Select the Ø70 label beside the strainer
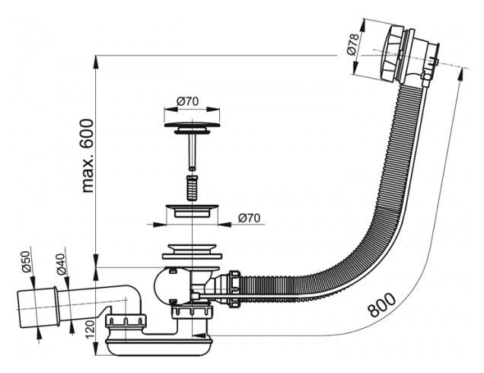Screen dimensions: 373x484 click(x=249, y=218)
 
